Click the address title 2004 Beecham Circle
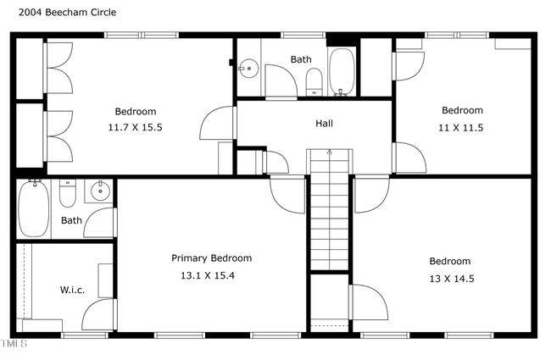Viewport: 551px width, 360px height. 68,13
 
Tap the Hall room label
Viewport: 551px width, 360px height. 324,124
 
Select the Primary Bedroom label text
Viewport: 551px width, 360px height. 212,258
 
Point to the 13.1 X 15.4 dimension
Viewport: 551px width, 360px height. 208,275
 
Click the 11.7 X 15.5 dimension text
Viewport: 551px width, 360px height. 135,127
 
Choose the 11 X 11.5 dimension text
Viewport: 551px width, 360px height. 460,128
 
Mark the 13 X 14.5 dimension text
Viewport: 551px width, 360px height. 452,279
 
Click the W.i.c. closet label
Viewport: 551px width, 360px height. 72,290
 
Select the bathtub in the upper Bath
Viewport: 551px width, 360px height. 341,72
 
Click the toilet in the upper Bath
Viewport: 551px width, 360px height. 314,82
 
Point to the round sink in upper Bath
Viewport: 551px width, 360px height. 248,68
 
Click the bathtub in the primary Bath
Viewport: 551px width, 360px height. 34,208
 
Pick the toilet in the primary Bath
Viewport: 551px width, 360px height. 68,193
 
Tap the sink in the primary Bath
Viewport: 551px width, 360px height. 100,191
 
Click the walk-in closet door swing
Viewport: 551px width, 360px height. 99,314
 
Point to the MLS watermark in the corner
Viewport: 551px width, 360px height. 14,343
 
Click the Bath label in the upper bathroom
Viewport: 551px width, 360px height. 301,59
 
